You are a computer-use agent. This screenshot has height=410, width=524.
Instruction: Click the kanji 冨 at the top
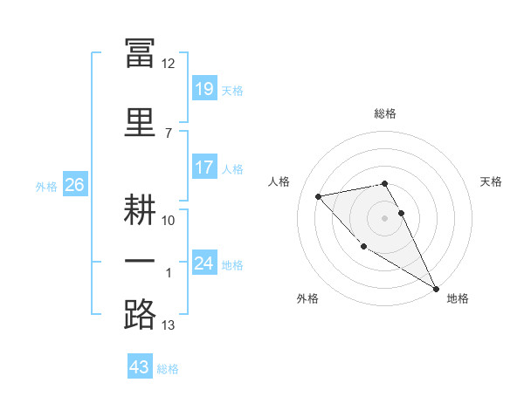140,52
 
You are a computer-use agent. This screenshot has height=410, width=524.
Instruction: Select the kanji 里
140,122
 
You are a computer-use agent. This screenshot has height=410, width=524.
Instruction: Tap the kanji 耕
140,209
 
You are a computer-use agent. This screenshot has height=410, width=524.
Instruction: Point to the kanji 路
140,314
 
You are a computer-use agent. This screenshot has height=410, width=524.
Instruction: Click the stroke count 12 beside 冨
168,64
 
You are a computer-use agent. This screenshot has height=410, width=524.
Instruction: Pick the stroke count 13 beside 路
168,325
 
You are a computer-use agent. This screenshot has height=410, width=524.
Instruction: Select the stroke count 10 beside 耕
168,221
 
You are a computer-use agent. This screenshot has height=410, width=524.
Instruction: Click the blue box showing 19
204,88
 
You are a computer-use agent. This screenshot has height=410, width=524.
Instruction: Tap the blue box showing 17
204,167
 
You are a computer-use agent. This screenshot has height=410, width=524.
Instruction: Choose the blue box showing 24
204,262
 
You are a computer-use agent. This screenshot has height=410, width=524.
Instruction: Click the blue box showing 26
75,184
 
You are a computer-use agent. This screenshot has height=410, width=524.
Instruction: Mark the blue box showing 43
140,366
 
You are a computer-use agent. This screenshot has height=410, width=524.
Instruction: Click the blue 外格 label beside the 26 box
46,187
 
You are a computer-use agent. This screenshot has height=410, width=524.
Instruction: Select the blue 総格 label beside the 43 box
168,369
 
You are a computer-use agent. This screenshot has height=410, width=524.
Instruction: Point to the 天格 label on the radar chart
491,181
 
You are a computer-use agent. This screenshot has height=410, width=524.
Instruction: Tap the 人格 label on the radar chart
279,181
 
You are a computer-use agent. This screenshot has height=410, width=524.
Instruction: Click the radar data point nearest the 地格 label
436,289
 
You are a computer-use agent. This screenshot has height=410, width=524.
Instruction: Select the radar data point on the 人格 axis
319,196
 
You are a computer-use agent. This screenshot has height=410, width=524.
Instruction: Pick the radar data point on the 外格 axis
363,247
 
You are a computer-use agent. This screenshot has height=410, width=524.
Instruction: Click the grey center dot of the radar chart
384,218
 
